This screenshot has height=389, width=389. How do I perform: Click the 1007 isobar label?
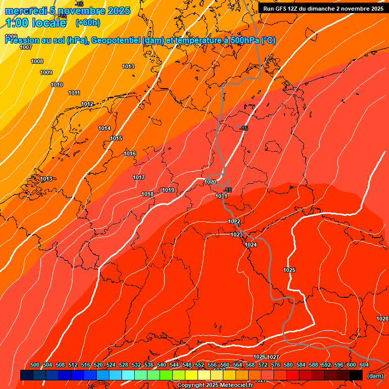coord(26,47)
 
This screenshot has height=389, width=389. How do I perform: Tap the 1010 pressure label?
coord(57,85)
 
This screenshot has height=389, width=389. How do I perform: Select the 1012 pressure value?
coord(87,104)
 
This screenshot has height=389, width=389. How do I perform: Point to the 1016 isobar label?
coord(130,153)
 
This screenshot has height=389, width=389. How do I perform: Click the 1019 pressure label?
coord(168,190)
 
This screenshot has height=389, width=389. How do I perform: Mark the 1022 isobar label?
coord(234,221)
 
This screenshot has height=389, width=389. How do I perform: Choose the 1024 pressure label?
coord(251,245)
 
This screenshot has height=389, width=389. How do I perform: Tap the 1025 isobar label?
coord(289,270)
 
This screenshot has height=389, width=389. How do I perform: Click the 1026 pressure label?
coord(259,357)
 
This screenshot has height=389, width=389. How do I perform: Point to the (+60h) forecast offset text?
coord(88,22)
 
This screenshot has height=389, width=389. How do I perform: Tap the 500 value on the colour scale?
coord(35,365)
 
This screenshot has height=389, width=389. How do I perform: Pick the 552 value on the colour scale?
coord(200,365)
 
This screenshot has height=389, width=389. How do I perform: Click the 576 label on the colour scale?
coord(276,365)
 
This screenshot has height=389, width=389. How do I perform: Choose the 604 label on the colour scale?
coord(364,365)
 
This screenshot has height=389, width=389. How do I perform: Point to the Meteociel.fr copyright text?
coord(214,385)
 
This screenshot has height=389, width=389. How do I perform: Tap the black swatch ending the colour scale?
coord(356,375)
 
